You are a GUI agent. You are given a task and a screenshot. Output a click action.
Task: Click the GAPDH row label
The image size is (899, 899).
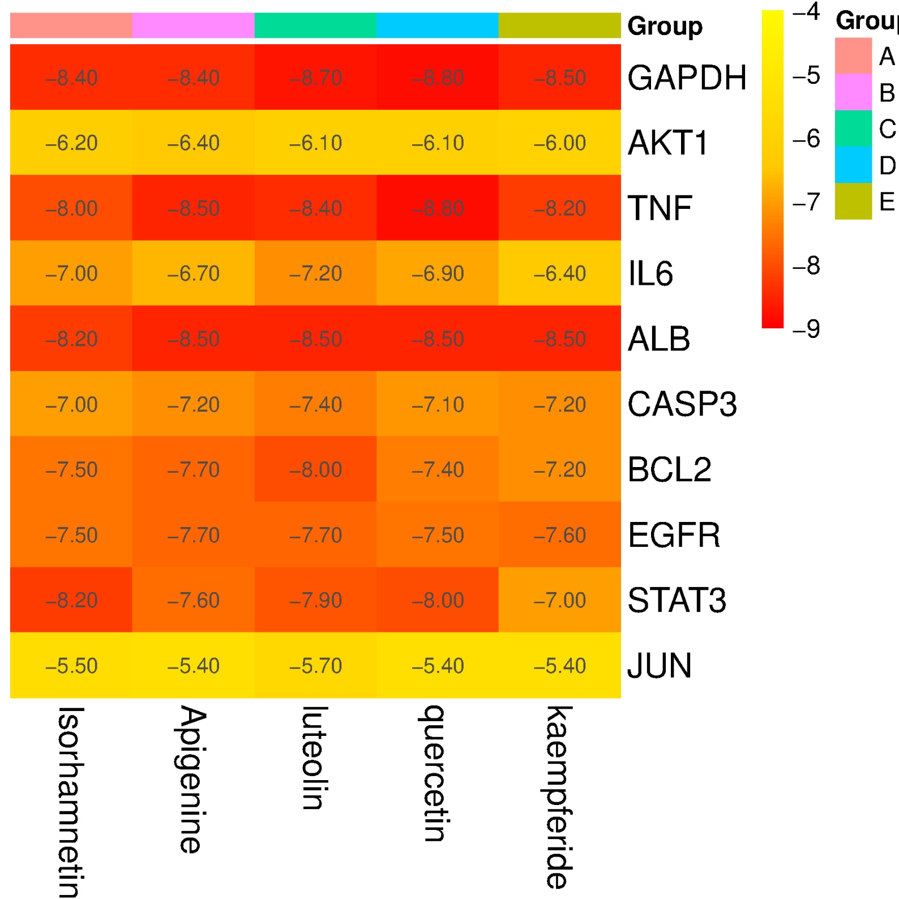coord(687,78)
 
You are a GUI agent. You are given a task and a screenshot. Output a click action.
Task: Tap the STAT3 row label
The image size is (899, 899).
coord(677,600)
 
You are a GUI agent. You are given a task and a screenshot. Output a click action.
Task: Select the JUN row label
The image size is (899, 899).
coord(660,666)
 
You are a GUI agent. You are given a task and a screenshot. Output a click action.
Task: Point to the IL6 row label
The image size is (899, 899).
coord(650,274)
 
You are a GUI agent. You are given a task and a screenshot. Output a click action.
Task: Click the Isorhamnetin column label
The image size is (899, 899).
coord(71,800)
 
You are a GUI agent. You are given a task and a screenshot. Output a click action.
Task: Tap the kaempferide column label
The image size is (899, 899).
coord(559,797)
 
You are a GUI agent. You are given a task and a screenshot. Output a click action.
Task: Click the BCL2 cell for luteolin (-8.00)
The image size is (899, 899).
coord(315,469)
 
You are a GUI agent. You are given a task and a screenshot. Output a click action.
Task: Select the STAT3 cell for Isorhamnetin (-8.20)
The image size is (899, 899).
coord(71,600)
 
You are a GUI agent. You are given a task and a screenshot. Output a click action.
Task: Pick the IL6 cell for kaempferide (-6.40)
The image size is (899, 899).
coord(559,273)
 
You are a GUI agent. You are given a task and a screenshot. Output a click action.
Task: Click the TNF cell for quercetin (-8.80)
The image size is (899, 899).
coord(438,208)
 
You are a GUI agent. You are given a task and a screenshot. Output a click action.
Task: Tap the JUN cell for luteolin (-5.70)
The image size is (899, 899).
coord(315,666)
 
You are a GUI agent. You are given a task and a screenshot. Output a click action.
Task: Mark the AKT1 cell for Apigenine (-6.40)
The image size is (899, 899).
coord(193,143)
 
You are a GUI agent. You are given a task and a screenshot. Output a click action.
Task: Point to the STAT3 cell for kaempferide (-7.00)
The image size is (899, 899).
coord(559,600)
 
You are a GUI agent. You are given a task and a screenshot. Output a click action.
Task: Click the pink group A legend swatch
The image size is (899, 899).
coord(853,55)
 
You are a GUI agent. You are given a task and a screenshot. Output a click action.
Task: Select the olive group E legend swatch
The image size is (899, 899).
coord(853,201)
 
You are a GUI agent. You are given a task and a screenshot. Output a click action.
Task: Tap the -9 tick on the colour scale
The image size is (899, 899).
coord(806,329)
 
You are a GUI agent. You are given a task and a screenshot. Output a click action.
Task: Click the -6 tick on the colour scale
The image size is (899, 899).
coord(806,138)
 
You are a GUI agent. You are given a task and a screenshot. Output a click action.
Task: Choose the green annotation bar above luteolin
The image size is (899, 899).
coord(315,25)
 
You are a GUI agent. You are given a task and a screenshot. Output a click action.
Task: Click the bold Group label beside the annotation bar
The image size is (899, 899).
coord(665,26)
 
